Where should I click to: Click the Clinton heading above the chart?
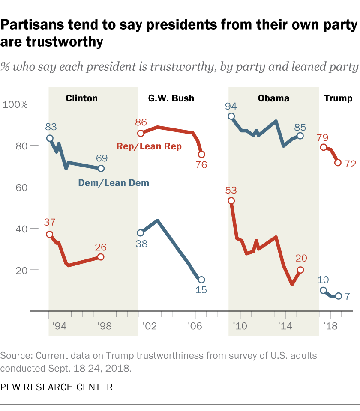pyautogui.click(x=81, y=98)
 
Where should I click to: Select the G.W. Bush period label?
pyautogui.click(x=171, y=98)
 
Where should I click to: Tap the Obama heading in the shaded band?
pyautogui.click(x=273, y=98)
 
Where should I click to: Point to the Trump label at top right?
pyautogui.click(x=338, y=98)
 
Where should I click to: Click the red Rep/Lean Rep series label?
pyautogui.click(x=149, y=146)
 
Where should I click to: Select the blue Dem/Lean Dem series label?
pyautogui.click(x=114, y=183)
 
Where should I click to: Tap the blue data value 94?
pyautogui.click(x=231, y=106)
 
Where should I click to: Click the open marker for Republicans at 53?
pyautogui.click(x=231, y=201)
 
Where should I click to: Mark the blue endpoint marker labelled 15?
pyautogui.click(x=201, y=280)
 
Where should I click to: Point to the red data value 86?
pyautogui.click(x=141, y=123)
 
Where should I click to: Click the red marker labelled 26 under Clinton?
pyautogui.click(x=101, y=257)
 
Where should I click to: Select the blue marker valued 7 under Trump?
pyautogui.click(x=338, y=296)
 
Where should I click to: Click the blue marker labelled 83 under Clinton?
pyautogui.click(x=50, y=138)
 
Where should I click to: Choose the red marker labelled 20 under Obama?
pyautogui.click(x=300, y=270)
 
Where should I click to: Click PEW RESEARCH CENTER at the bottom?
pyautogui.click(x=57, y=387)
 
